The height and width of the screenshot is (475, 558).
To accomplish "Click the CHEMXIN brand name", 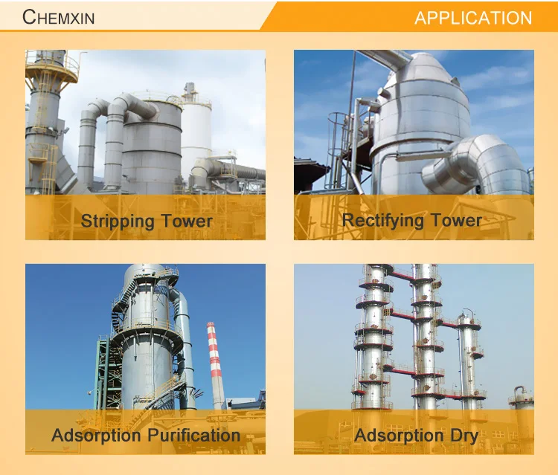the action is (58, 17).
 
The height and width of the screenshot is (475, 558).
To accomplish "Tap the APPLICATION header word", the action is (473, 18).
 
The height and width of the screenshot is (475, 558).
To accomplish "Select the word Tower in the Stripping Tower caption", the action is (187, 221).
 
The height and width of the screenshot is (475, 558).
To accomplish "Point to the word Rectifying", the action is (382, 221).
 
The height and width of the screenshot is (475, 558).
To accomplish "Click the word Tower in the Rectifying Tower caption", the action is (456, 221).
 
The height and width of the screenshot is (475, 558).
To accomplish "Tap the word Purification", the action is (194, 435).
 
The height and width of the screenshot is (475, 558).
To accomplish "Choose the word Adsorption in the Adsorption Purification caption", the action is (96, 436).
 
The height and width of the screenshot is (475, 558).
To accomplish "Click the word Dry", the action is (464, 436).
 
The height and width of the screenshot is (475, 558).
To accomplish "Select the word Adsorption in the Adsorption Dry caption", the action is (399, 436).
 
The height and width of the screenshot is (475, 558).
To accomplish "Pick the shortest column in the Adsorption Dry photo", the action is (521, 398).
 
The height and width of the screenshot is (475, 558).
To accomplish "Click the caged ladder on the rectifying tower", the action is (336, 149).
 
